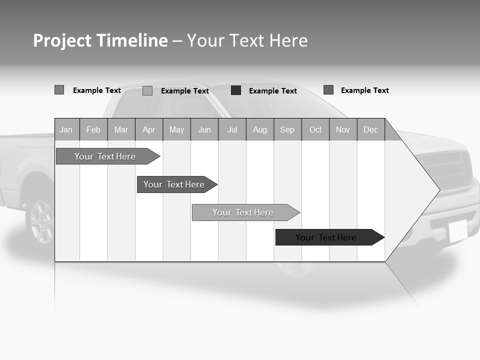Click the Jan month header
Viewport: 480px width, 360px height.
[x=66, y=130]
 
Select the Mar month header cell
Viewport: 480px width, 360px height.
[x=121, y=130]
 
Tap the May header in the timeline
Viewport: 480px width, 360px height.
[x=176, y=130]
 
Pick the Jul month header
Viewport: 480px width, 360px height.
[x=232, y=130]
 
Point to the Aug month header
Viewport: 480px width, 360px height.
[x=259, y=130]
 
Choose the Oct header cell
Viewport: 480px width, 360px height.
[x=315, y=130]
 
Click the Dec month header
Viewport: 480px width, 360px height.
[x=370, y=130]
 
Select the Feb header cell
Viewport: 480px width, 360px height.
[x=93, y=130]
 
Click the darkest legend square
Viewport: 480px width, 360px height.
[x=236, y=90]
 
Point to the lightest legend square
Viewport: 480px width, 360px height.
[x=147, y=91]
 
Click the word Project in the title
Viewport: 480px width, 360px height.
[x=62, y=40]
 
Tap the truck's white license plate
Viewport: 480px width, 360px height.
[x=457, y=230]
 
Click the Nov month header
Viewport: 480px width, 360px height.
[x=343, y=130]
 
